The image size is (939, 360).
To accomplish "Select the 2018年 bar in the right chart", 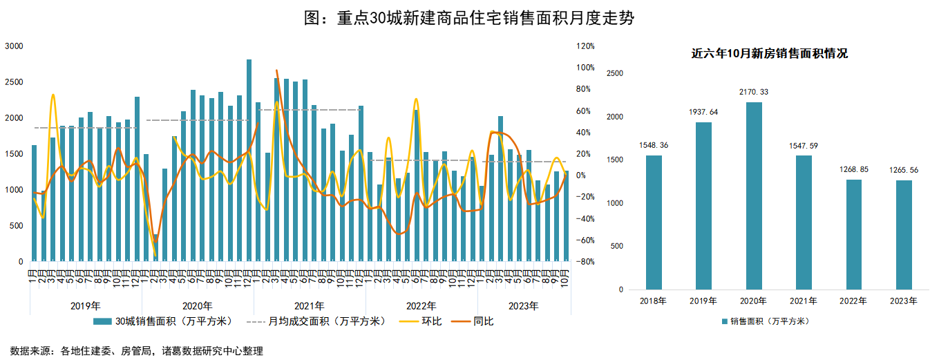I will click(654, 222).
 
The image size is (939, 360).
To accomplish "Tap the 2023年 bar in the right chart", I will click(904, 235).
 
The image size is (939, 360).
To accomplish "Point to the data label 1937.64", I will click(703, 112).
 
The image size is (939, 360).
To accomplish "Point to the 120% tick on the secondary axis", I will click(585, 46).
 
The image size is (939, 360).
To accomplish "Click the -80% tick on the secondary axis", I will click(585, 262).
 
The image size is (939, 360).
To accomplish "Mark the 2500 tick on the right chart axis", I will click(614, 73).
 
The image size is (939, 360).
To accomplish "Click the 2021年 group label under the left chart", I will click(309, 305).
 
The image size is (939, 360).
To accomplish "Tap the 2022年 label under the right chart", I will click(853, 301).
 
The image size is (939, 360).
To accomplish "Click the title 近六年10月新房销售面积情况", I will click(769, 54).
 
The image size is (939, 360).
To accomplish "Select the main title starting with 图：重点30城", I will click(469, 19).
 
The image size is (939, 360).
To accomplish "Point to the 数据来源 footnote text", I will click(137, 351).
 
